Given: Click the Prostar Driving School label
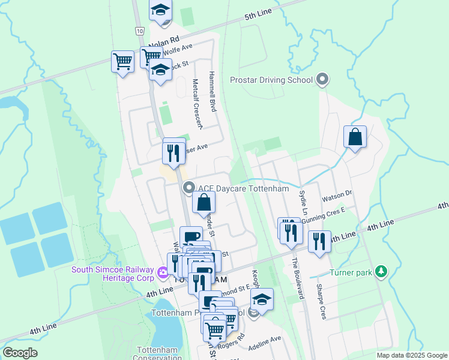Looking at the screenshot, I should coord(271,80).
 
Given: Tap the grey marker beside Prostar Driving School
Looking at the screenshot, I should coord(323,79).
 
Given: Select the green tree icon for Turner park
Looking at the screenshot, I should coord(381,272).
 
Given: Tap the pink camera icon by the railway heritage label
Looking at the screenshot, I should coord(162,274).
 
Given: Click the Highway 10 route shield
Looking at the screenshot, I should coord(139,30).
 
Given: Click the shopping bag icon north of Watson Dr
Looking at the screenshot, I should coord(355,137).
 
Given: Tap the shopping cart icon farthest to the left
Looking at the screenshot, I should coord(122,61).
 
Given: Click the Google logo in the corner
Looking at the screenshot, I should coord(20,352).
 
